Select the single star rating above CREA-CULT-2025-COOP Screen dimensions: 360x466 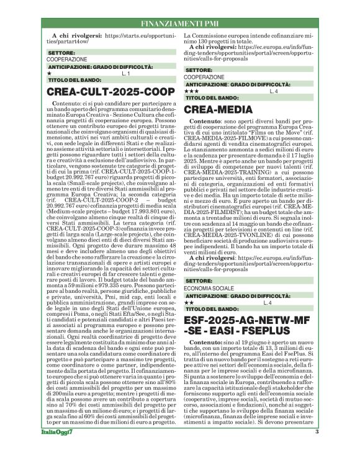tap(50, 73)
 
